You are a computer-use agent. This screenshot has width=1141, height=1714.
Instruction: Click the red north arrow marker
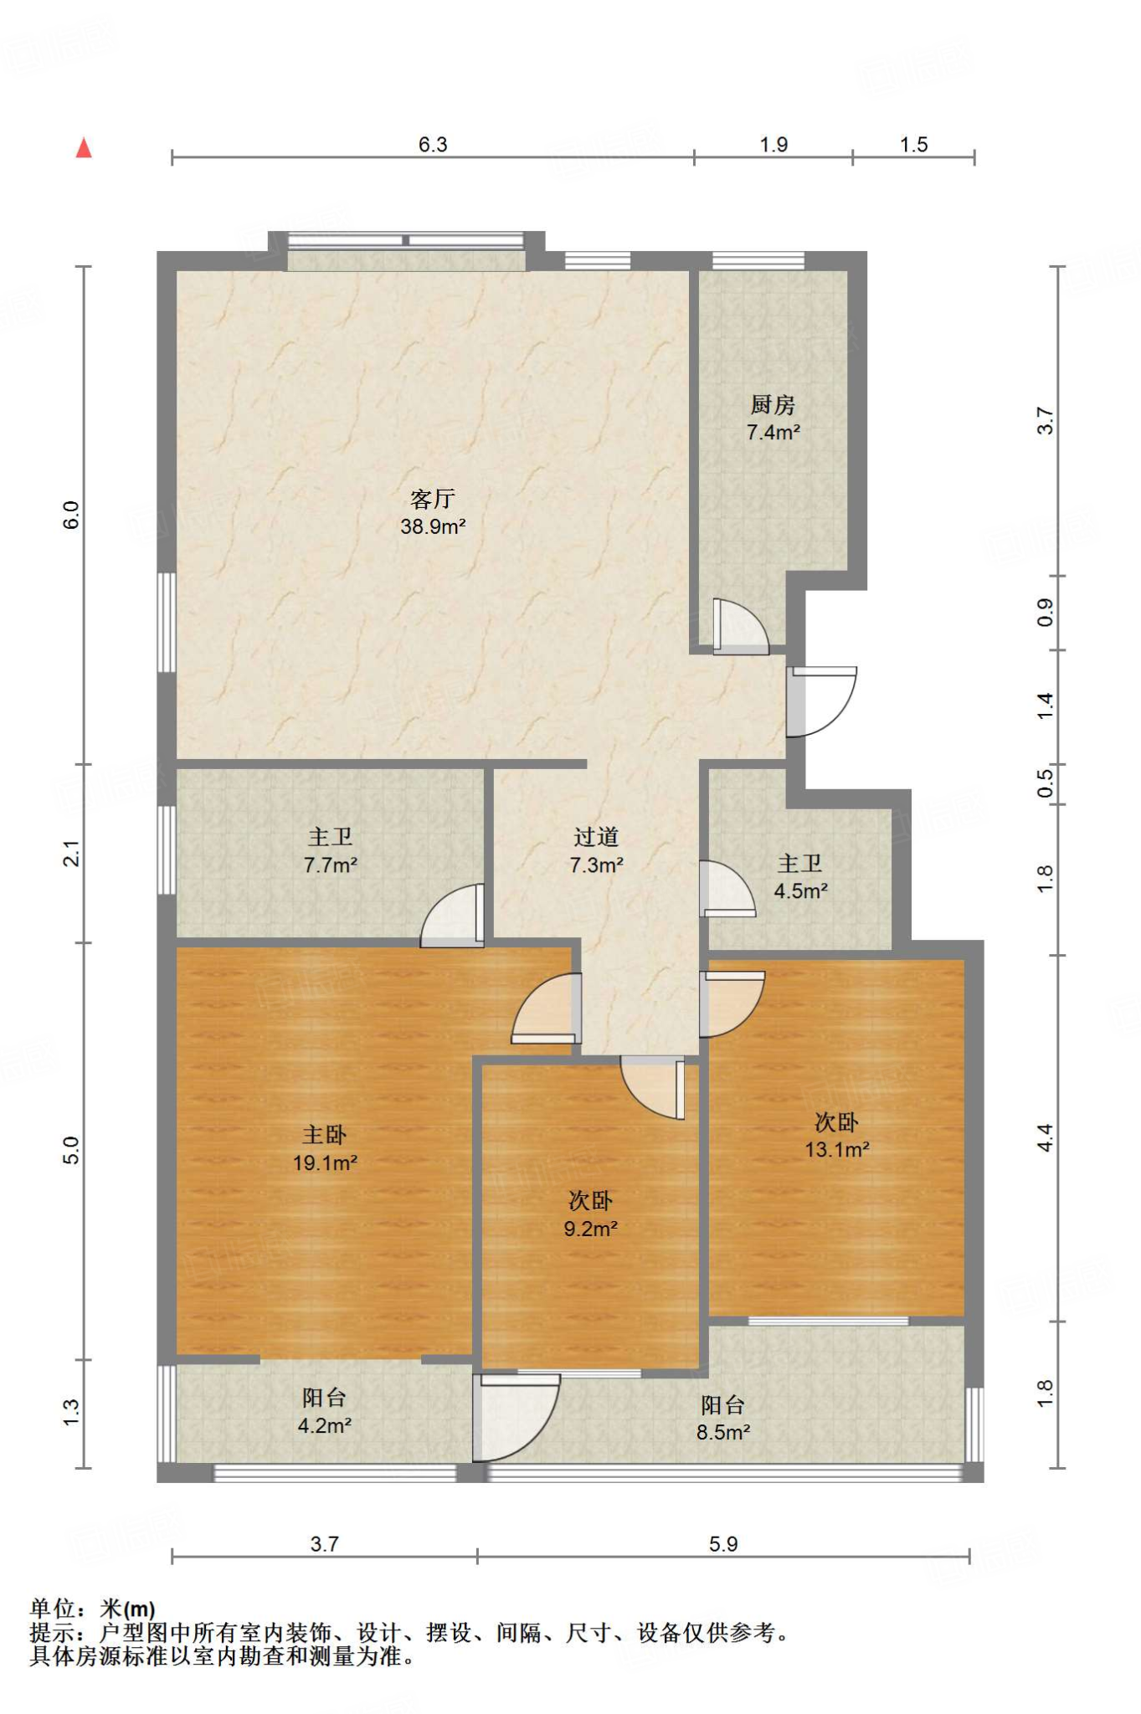click(84, 148)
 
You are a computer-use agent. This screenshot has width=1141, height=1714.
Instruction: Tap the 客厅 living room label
click(433, 499)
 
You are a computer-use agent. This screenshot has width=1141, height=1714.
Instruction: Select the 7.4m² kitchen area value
click(774, 433)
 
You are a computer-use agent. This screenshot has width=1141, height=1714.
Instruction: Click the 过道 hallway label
click(596, 837)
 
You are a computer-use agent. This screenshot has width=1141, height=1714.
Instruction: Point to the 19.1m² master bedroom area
click(325, 1162)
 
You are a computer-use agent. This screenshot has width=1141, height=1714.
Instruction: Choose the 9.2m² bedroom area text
click(590, 1229)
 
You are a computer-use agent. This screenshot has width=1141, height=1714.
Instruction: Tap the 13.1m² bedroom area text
click(837, 1149)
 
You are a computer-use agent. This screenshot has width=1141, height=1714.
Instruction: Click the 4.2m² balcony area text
click(325, 1425)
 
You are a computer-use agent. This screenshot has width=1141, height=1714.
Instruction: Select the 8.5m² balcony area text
click(723, 1432)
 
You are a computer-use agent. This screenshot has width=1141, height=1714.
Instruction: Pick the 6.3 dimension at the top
click(433, 145)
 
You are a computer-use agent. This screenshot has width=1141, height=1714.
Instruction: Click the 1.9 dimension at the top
click(774, 145)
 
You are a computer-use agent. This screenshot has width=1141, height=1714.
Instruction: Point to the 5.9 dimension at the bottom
click(723, 1544)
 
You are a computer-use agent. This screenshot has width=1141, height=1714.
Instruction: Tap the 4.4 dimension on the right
click(1045, 1138)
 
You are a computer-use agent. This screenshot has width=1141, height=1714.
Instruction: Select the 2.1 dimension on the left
click(72, 854)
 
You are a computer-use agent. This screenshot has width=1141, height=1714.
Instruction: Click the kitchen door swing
click(740, 626)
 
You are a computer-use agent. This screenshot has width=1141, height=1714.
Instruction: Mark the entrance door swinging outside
click(821, 701)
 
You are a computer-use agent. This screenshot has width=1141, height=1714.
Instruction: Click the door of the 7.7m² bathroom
click(453, 915)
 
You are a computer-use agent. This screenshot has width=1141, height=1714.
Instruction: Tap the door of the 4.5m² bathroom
click(727, 888)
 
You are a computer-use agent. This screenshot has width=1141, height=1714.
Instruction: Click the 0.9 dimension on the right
click(1045, 613)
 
